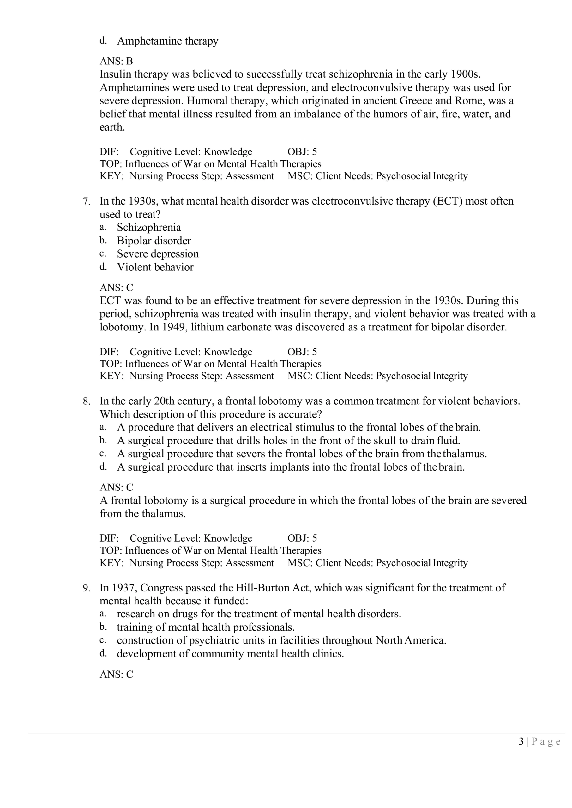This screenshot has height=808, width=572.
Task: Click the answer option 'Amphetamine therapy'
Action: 167,41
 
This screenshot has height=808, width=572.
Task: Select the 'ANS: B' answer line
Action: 116,61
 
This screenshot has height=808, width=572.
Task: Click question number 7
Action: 87,201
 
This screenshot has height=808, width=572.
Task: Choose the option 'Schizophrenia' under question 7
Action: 149,227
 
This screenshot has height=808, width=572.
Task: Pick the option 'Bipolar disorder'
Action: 154,241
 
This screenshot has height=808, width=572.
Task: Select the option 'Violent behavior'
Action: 155,267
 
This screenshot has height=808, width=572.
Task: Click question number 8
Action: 87,401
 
